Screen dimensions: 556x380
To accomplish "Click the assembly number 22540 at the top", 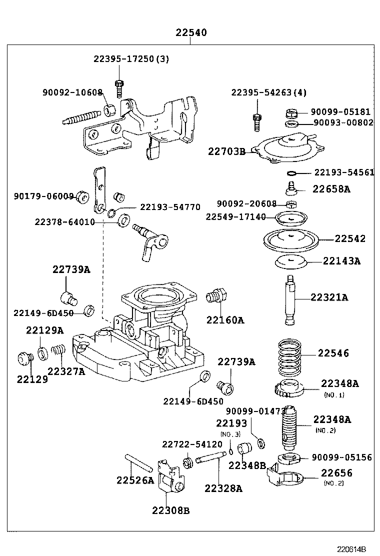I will (191, 33).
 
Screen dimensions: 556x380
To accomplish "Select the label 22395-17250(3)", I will (131, 58).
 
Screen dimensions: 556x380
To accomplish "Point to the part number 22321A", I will (329, 297).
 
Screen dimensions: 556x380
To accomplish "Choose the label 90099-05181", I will (341, 112).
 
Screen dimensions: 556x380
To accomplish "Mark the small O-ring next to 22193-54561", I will (292, 173).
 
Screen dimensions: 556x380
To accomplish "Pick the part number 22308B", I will (171, 510).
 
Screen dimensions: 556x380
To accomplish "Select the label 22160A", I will (225, 320).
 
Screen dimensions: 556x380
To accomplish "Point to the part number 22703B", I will (226, 151).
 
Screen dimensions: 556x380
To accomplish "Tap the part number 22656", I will (336, 473).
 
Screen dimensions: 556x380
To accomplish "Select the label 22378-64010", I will (64, 221).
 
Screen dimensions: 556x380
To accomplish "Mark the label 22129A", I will (45, 330).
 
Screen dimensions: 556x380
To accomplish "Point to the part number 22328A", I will (223, 488).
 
